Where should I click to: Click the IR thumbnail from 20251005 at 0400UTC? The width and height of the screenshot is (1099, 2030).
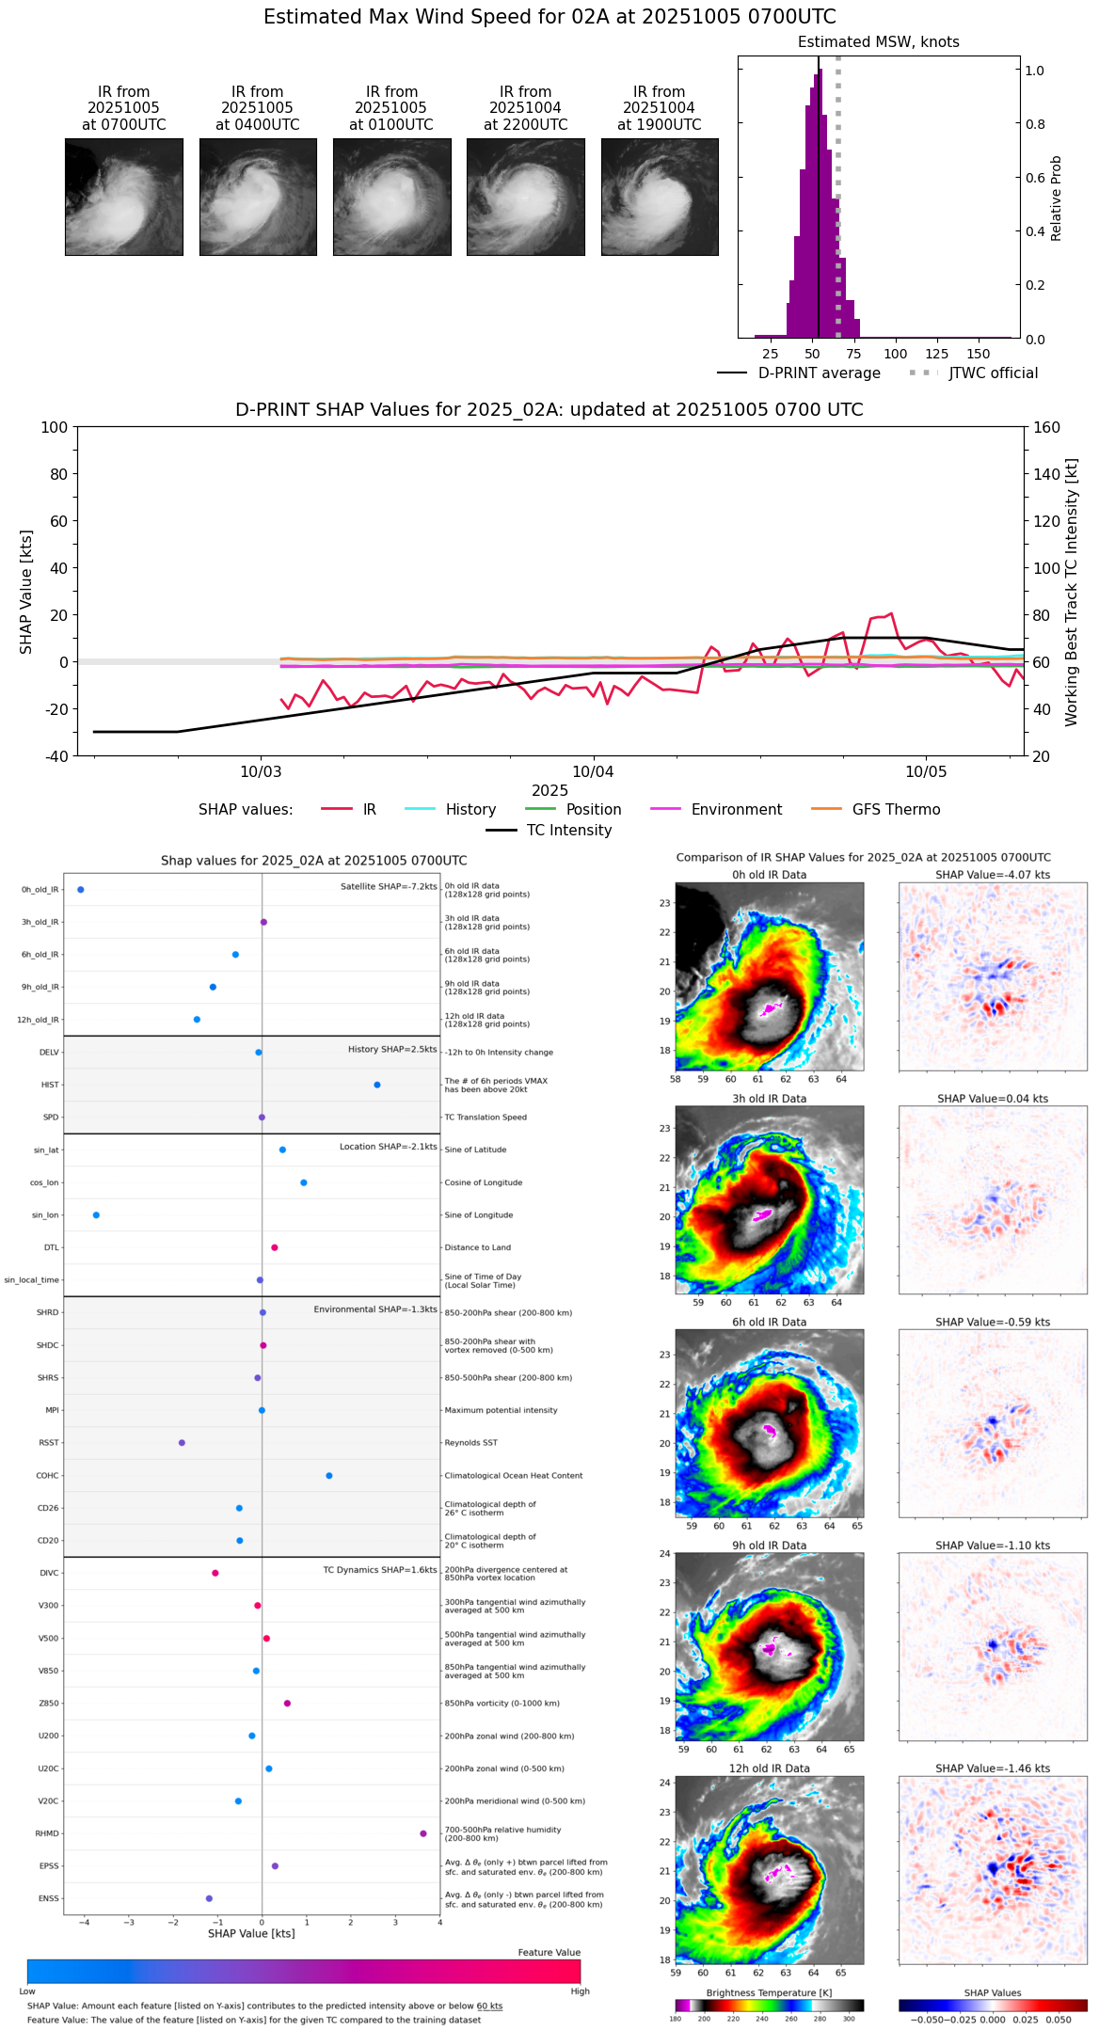coord(258,197)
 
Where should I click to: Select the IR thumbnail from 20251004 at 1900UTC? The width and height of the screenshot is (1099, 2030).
coord(660,197)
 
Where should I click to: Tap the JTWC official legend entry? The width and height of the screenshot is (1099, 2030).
coord(993,373)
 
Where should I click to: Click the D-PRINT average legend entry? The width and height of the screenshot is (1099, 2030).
coord(819,373)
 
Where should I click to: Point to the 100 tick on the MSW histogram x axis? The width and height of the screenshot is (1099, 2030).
coord(896,354)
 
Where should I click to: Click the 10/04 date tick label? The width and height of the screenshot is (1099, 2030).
coord(593,772)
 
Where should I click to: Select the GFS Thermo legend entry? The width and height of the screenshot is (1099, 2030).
coord(896,810)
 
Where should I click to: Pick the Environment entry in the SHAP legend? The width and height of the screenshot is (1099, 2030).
coord(736,810)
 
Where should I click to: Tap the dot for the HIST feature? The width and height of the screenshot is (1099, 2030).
coord(377,1085)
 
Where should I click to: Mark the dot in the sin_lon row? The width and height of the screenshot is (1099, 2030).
coord(96,1215)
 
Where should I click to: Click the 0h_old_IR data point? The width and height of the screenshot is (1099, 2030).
coord(81,889)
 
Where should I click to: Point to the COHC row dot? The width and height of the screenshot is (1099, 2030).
coord(329,1475)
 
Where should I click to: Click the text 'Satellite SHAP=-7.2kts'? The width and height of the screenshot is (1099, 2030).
coord(389,886)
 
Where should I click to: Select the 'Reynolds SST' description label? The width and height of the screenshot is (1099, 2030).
coord(470,1443)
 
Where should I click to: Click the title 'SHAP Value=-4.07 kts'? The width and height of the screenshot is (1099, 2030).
coord(993,875)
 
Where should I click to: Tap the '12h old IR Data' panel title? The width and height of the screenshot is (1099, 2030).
coord(769,1768)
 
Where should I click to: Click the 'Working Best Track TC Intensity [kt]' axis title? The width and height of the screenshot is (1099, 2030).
coord(1072,592)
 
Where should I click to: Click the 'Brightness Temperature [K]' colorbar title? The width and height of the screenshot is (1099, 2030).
coord(769,1992)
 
